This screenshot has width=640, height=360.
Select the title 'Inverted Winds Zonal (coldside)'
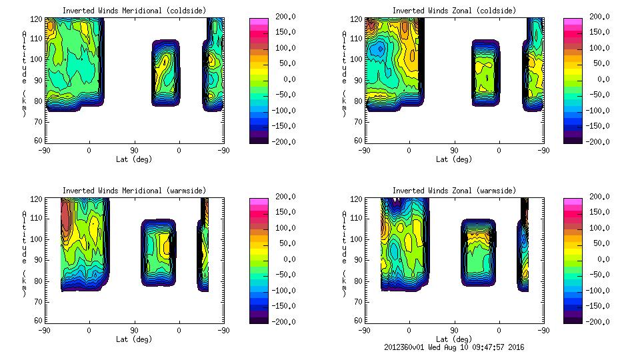454,11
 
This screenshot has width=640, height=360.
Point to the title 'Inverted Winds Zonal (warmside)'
454,191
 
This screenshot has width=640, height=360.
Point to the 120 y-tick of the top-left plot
39,19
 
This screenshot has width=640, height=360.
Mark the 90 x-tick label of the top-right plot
454,151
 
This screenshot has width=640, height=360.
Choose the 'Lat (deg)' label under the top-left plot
133,159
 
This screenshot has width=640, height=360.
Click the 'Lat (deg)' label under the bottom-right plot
454,339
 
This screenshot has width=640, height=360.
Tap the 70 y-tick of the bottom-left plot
39,301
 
